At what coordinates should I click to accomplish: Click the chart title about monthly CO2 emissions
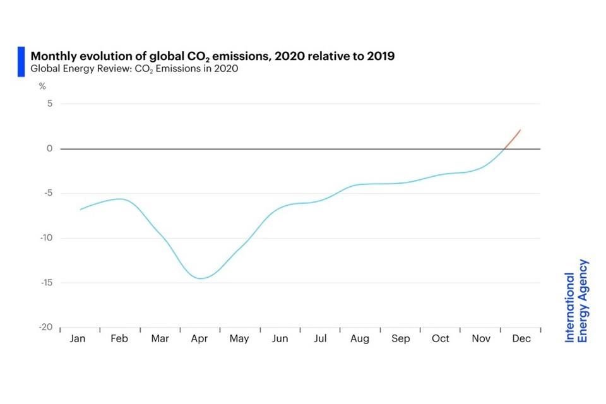coord(212,56)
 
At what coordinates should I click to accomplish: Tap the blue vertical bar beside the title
coord(21,62)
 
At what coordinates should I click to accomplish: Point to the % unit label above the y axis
coord(42,86)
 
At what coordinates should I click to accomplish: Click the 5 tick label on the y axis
coord(49,104)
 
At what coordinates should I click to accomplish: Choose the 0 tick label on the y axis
coord(49,149)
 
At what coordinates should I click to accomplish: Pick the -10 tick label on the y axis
coord(45,238)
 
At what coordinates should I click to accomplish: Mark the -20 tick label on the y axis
coord(45,328)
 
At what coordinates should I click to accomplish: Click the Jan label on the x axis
coord(78,339)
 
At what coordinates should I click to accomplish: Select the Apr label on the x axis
coord(199,339)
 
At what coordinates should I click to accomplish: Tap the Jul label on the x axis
coord(320,339)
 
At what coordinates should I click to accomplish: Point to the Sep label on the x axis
coord(400,339)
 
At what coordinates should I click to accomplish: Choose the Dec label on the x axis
coord(521,339)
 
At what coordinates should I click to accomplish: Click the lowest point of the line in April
coord(201,278)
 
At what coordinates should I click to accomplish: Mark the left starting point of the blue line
coord(80,209)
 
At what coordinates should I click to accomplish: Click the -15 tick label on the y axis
coord(45,283)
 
